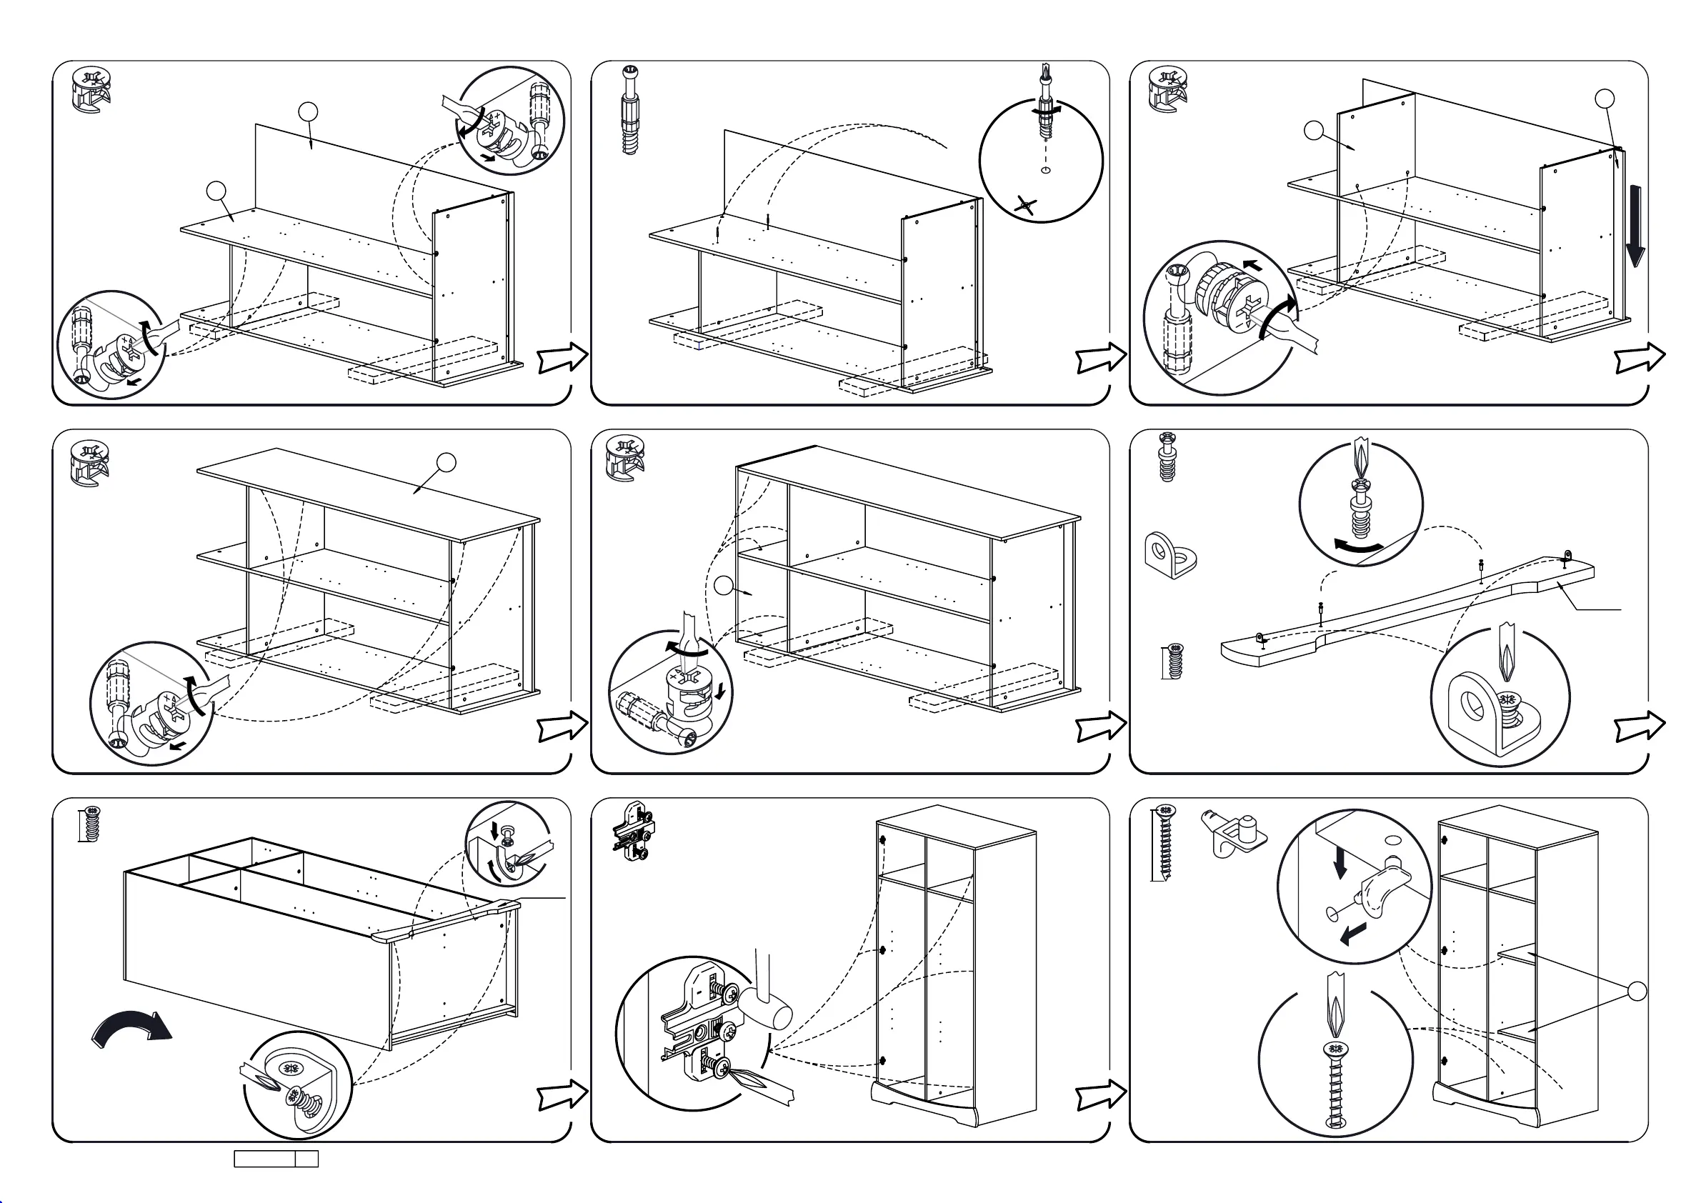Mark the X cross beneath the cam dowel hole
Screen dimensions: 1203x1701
click(1025, 206)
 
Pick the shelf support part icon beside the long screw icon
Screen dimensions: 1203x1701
click(1233, 834)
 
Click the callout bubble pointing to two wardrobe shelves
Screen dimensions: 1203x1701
click(1637, 991)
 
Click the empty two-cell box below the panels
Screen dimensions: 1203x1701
click(276, 1159)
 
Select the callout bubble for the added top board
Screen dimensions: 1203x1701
click(446, 463)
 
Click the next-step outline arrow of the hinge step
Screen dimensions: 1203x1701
click(1101, 1094)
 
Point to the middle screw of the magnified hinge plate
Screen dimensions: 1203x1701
click(727, 1029)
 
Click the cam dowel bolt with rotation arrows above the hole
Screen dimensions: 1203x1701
click(1045, 111)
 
